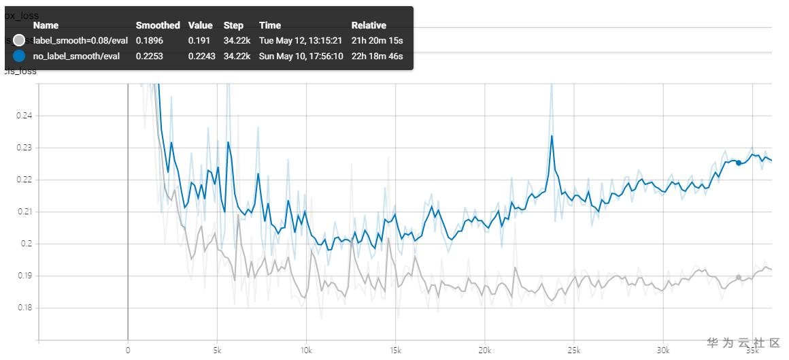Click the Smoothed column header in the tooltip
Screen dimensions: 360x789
coord(158,25)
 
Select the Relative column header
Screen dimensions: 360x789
coord(369,25)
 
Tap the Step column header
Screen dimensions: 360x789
coord(233,25)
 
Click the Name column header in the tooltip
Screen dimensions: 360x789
coord(46,25)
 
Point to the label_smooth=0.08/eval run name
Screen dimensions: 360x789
coord(80,41)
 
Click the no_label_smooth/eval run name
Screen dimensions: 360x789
coord(76,56)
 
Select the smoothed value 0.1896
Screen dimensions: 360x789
coord(149,41)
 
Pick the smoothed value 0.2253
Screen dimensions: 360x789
coord(149,56)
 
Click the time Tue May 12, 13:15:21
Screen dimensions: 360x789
coord(300,41)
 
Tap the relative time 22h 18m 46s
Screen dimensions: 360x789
coord(377,56)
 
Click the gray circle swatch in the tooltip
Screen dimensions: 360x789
coord(19,41)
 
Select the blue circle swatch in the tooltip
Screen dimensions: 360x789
coord(19,56)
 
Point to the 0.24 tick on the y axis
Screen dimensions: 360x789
coord(24,116)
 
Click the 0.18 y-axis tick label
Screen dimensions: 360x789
coord(24,308)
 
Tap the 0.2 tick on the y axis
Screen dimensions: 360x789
coord(27,244)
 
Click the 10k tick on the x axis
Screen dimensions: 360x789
coord(305,350)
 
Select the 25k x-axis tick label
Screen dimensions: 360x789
coord(573,350)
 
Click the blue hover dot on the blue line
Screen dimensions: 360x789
coord(739,163)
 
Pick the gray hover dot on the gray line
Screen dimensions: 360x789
coord(739,278)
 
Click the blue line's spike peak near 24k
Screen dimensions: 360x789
coord(552,136)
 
